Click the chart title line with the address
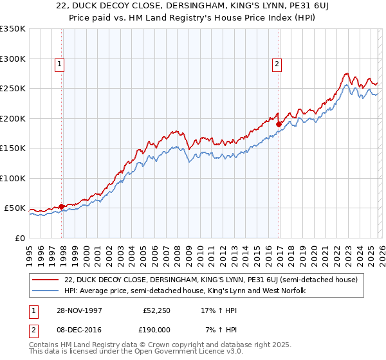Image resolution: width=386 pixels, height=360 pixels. [193, 6]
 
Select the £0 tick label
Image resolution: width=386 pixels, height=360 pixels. [19, 238]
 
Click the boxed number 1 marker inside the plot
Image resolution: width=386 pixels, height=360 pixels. [60, 64]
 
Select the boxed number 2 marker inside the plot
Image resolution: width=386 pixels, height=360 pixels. [277, 64]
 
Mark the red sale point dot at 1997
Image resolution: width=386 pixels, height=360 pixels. [62, 206]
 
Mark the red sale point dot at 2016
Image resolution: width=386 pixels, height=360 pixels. [279, 124]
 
